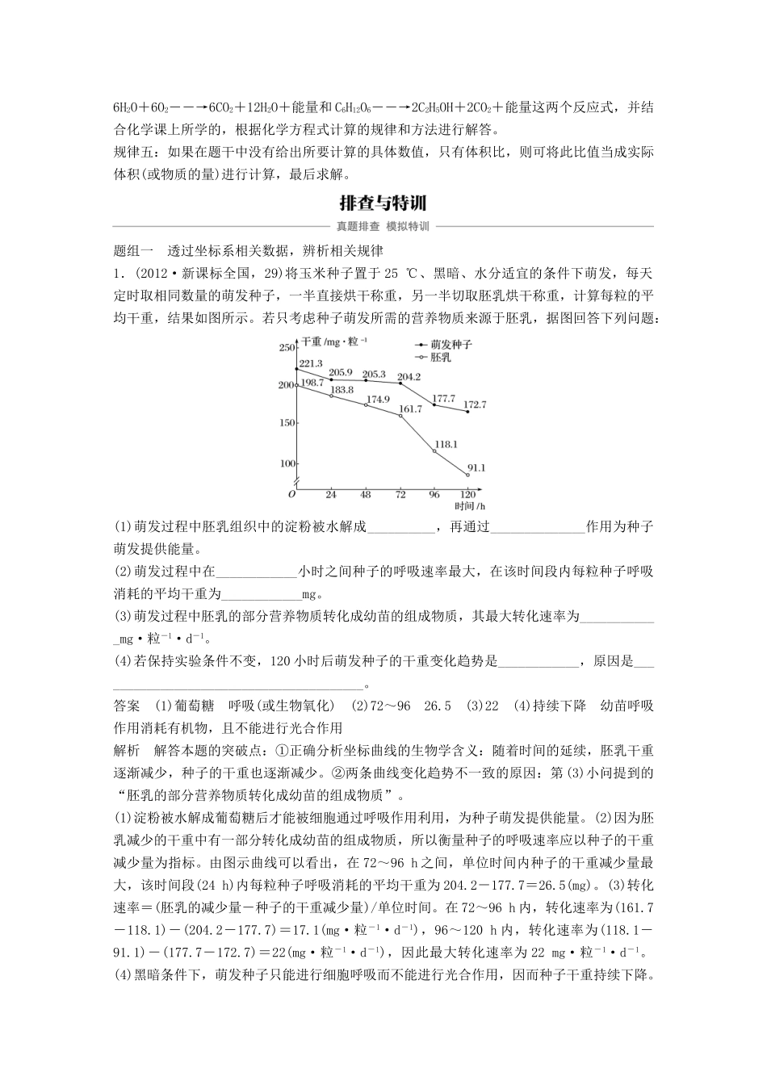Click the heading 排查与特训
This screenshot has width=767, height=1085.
pyautogui.click(x=383, y=202)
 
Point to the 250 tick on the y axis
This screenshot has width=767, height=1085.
pyautogui.click(x=286, y=348)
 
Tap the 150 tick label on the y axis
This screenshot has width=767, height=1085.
pyautogui.click(x=286, y=423)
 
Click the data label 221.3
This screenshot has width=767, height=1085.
pyautogui.click(x=311, y=363)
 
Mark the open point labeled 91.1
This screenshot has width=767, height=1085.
pyautogui.click(x=467, y=475)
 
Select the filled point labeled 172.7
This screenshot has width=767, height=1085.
pyautogui.click(x=467, y=412)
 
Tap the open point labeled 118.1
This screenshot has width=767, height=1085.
pyautogui.click(x=434, y=451)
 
